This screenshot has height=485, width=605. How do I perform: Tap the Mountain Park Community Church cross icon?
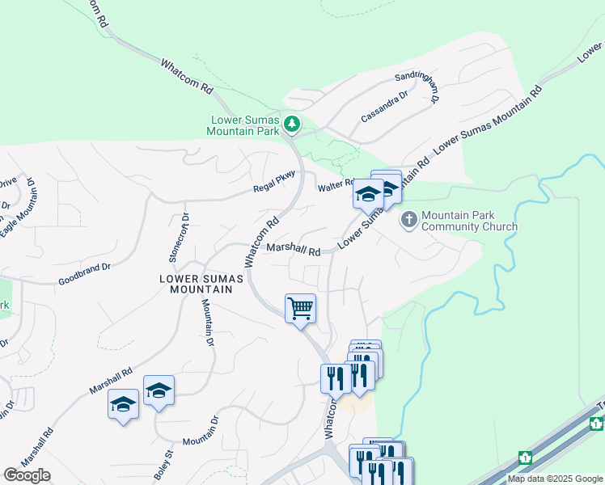409,220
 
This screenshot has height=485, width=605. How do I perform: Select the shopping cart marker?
300,308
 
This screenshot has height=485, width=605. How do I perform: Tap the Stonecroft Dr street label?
179,238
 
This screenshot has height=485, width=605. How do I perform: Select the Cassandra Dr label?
384,106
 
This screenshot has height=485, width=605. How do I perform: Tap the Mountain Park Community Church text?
469,221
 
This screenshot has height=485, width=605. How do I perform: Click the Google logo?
27,475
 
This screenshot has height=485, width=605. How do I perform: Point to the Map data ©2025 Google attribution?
555,479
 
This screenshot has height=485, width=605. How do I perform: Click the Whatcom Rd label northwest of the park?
187,74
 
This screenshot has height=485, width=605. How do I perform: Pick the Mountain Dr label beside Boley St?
201,441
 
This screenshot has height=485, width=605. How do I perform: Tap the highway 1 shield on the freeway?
526,458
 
